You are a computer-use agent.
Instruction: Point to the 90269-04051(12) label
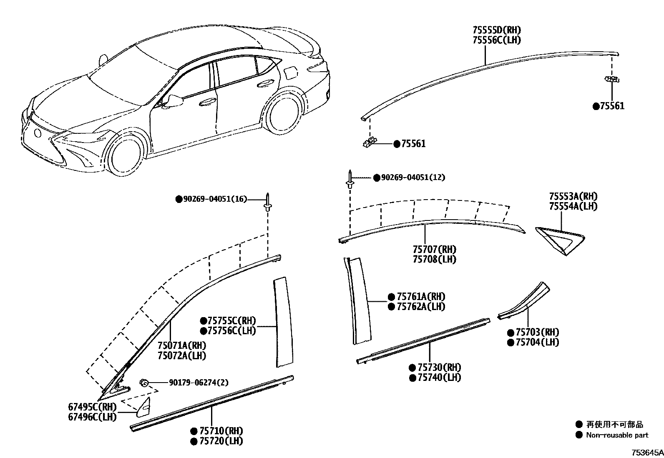coord(412,178)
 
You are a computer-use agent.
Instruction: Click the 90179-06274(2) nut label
coord(199,383)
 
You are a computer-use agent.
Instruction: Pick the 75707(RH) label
coord(434,249)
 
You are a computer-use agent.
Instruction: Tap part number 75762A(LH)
coord(421,307)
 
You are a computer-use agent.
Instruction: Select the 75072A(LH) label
coord(181,355)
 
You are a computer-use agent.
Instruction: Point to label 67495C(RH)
coord(92,407)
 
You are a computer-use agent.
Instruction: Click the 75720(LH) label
coord(221,441)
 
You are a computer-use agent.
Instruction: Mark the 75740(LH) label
coord(439,378)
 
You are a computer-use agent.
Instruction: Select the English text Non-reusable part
coord(617,435)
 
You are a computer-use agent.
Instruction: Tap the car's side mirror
coord(174,101)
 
